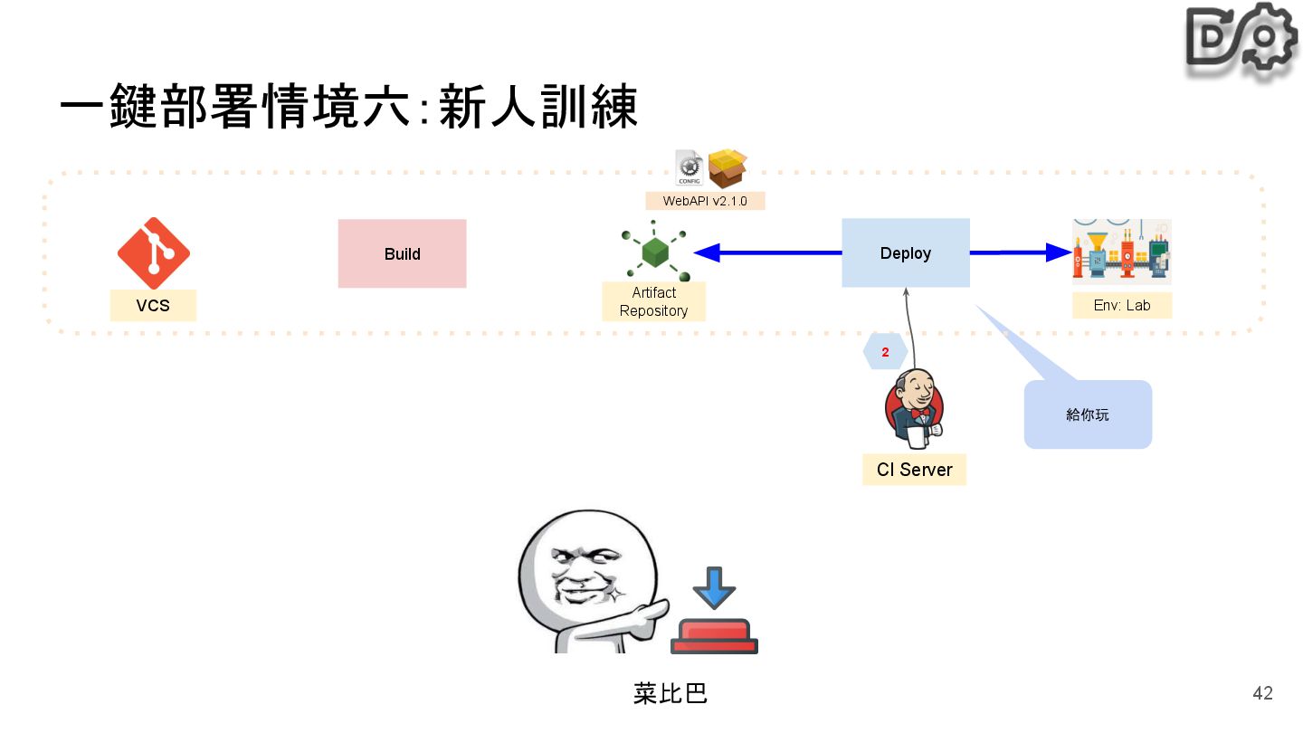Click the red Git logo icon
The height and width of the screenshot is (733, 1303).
(153, 253)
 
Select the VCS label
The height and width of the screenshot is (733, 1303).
(153, 306)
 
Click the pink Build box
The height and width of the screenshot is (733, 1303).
(402, 253)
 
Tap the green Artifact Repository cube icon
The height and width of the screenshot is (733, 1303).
(654, 252)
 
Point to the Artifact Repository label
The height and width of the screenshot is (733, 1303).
(653, 301)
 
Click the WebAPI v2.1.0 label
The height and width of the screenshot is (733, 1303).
(705, 201)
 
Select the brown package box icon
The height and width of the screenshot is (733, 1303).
(728, 168)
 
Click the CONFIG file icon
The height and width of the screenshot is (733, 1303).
(690, 168)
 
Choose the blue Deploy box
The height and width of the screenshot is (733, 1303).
(905, 253)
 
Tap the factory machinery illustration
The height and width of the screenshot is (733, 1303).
(1121, 252)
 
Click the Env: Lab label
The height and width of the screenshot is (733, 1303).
(1121, 306)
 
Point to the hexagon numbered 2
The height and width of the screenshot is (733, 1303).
(885, 352)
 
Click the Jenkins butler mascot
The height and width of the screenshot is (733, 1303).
(914, 409)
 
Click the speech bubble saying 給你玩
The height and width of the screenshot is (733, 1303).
(1087, 414)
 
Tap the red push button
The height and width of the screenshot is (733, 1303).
(714, 636)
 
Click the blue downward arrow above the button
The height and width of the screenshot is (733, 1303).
(714, 588)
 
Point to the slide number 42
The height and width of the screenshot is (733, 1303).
(1262, 693)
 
